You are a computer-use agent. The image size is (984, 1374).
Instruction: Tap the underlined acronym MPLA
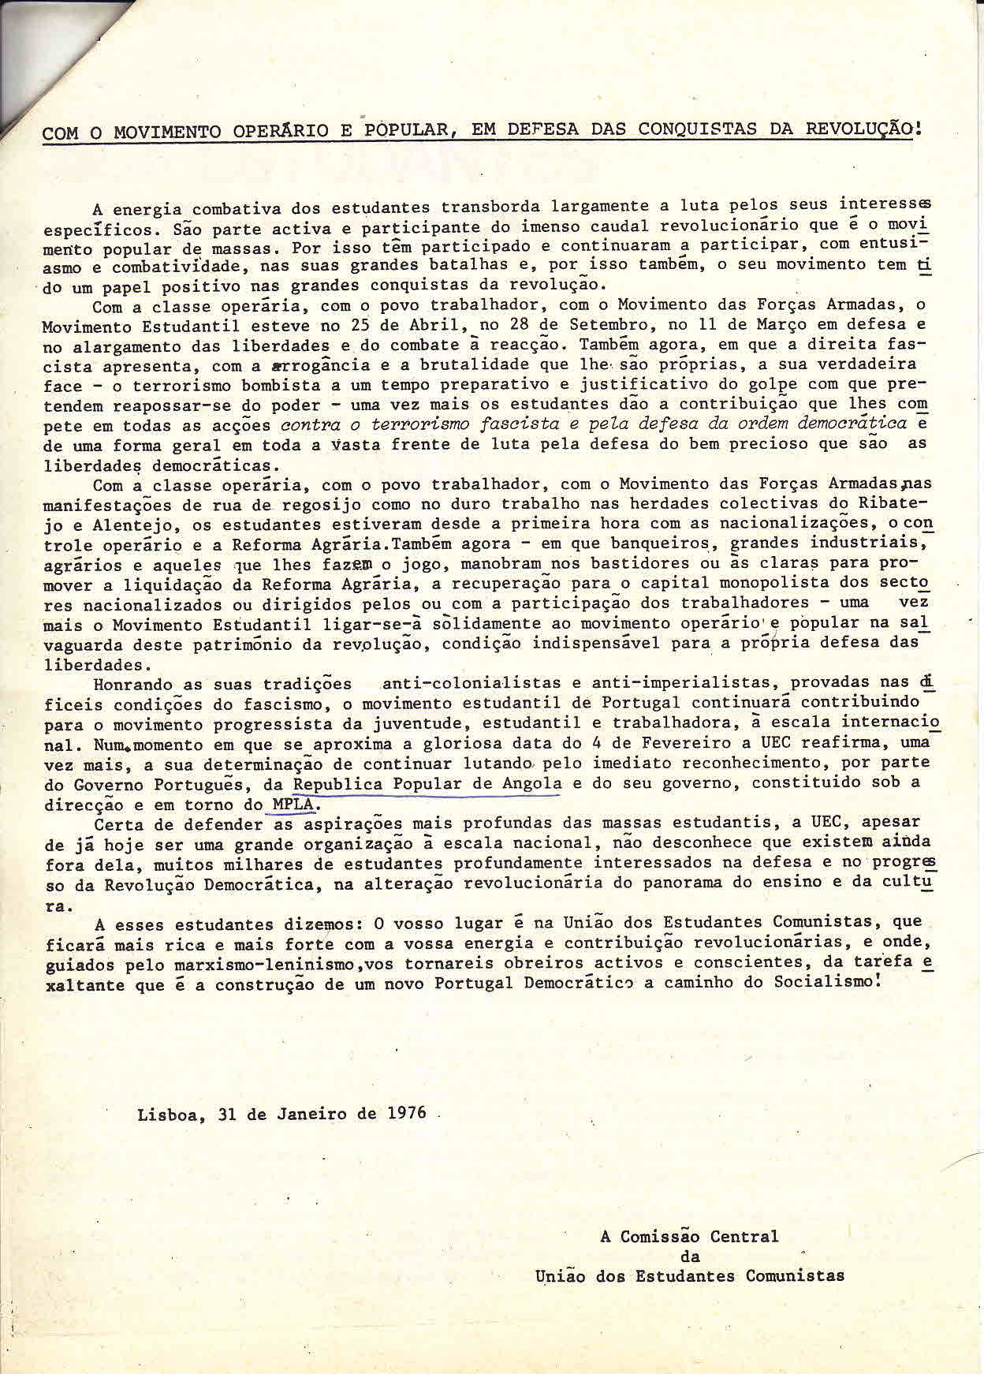point(293,805)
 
